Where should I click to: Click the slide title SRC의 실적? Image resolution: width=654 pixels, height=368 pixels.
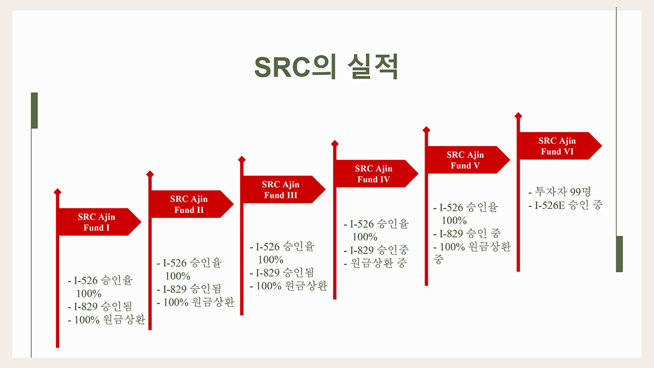point(326,67)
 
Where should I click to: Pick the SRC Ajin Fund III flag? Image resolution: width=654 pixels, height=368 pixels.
point(283,189)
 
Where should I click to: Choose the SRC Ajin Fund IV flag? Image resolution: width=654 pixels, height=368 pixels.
point(376,173)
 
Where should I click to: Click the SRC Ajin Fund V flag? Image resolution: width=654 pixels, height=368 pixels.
point(467,160)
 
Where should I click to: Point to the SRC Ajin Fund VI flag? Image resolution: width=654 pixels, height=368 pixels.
point(559,146)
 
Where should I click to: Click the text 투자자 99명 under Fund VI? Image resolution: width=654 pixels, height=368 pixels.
point(560,192)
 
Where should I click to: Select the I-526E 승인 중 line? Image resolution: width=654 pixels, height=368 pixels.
point(565,205)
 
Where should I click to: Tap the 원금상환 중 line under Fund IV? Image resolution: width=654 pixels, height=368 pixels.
point(375,263)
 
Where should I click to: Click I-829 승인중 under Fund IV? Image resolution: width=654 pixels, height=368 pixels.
point(376,250)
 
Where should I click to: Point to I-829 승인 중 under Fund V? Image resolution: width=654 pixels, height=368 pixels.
point(467,234)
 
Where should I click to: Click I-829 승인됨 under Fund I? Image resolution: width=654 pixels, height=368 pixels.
point(100,306)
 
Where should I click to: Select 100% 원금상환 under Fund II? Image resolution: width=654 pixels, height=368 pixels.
point(196,302)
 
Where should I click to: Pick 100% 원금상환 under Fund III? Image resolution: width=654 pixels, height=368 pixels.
point(289,286)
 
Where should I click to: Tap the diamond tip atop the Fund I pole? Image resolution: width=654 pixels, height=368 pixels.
point(58,192)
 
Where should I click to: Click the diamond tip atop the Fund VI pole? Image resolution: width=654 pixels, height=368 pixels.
point(518,116)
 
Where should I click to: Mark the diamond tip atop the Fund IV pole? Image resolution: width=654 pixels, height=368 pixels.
point(334,143)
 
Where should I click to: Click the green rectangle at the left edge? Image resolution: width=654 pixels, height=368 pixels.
point(34,110)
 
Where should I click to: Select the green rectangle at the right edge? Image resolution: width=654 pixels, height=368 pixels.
point(620,254)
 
